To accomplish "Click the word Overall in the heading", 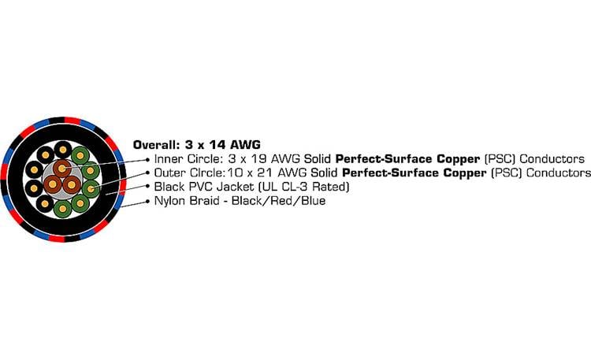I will pyautogui.click(x=155, y=145).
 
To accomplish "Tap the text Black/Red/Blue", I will pyautogui.click(x=280, y=202).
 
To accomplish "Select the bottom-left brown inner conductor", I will pyautogui.click(x=53, y=185).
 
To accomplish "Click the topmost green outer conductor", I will pyautogui.click(x=80, y=155).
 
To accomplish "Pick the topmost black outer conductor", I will pyautogui.click(x=62, y=149).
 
